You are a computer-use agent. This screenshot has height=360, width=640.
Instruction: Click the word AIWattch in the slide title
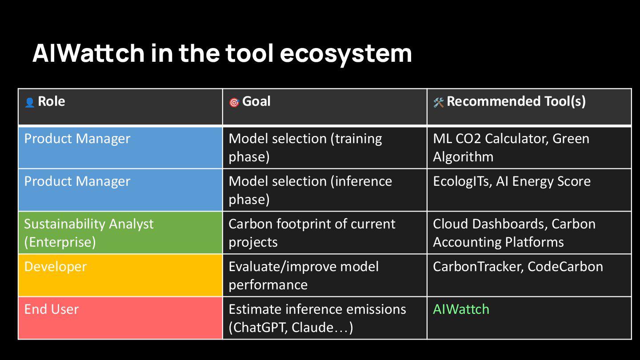88,53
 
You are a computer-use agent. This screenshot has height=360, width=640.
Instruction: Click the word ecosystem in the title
346,54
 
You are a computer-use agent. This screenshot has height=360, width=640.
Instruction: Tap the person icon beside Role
30,103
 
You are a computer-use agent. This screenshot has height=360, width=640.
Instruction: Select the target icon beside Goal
234,102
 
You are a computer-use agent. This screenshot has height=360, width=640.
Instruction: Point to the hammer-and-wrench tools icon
439,102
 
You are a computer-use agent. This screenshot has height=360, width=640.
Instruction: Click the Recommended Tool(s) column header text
516,101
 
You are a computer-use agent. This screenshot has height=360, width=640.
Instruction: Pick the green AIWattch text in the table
461,309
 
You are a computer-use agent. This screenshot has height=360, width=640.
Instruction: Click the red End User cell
120,318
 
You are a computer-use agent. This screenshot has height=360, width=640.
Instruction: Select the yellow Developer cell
120,275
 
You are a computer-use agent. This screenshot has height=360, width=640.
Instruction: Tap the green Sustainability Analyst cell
120,232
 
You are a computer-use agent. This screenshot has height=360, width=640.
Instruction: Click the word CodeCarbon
565,267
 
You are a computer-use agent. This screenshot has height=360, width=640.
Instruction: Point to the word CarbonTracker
478,267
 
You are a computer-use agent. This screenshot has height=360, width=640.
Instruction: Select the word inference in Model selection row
361,181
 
